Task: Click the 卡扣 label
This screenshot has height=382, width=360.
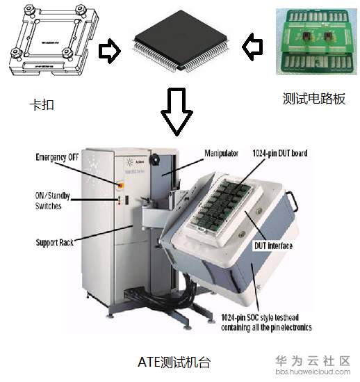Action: (42, 105)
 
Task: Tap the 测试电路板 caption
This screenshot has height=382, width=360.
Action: (314, 99)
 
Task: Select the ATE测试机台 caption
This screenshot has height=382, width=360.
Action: (174, 363)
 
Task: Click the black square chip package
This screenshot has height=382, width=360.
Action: (181, 41)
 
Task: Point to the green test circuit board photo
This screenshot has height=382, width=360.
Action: (317, 42)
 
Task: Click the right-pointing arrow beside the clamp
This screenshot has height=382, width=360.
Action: (110, 51)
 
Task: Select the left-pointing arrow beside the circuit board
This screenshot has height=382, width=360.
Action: (253, 47)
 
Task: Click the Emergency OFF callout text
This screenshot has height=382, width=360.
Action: (57, 157)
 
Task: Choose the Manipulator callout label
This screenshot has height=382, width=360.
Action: (221, 153)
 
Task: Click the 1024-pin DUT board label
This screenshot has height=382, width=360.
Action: (280, 153)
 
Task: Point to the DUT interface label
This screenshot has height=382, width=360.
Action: (273, 246)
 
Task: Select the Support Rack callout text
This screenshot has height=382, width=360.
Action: (55, 242)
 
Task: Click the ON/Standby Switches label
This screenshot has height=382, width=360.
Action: (53, 201)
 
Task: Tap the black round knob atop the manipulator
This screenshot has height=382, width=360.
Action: (154, 159)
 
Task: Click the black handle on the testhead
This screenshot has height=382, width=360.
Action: (293, 201)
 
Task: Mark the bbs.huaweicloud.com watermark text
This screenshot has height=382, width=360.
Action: (313, 372)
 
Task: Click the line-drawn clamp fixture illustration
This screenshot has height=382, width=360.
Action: (54, 40)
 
